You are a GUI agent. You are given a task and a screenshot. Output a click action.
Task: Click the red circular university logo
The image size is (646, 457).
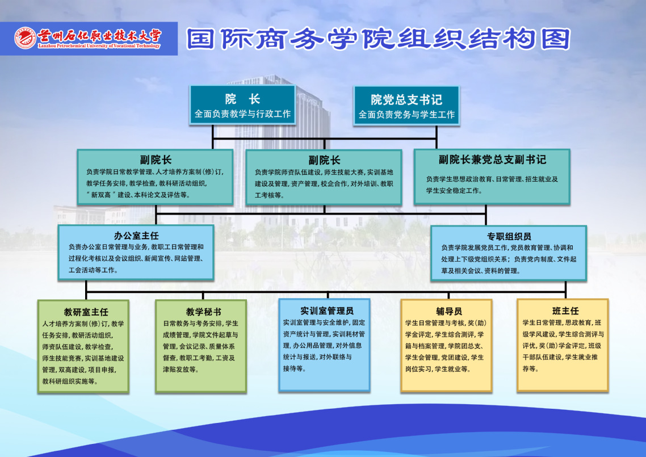25,39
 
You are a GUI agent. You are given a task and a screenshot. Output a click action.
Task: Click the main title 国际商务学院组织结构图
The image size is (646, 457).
379,39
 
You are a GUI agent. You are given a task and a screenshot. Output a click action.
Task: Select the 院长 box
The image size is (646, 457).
242,104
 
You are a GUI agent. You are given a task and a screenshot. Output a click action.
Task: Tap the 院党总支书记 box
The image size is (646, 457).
406,106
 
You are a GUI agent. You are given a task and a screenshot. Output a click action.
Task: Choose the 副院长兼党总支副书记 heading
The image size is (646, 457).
492,160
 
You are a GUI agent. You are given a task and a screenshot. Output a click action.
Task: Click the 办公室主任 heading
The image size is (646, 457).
136,236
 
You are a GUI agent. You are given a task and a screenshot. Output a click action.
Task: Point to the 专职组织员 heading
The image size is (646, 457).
509,237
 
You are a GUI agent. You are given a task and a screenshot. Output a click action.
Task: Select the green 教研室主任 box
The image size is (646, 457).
83,346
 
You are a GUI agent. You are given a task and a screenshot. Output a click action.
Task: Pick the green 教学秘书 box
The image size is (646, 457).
201,346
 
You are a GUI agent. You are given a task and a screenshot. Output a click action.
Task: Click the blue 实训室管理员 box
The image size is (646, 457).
324,345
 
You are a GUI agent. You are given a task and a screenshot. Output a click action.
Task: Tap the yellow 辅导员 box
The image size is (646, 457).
447,345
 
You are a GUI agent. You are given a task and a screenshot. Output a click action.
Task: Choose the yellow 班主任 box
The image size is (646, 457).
563,345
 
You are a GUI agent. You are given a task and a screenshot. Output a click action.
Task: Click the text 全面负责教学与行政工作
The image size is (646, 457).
242,114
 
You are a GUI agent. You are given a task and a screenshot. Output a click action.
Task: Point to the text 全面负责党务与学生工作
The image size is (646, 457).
406,115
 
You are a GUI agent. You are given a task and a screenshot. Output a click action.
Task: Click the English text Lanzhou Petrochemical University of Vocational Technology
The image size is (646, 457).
99,46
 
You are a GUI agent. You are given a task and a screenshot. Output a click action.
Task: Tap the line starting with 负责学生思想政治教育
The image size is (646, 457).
492,179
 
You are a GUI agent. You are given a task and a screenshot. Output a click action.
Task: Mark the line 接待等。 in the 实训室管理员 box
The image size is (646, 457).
295,368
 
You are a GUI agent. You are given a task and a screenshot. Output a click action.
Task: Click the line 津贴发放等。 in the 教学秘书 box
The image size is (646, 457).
181,370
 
